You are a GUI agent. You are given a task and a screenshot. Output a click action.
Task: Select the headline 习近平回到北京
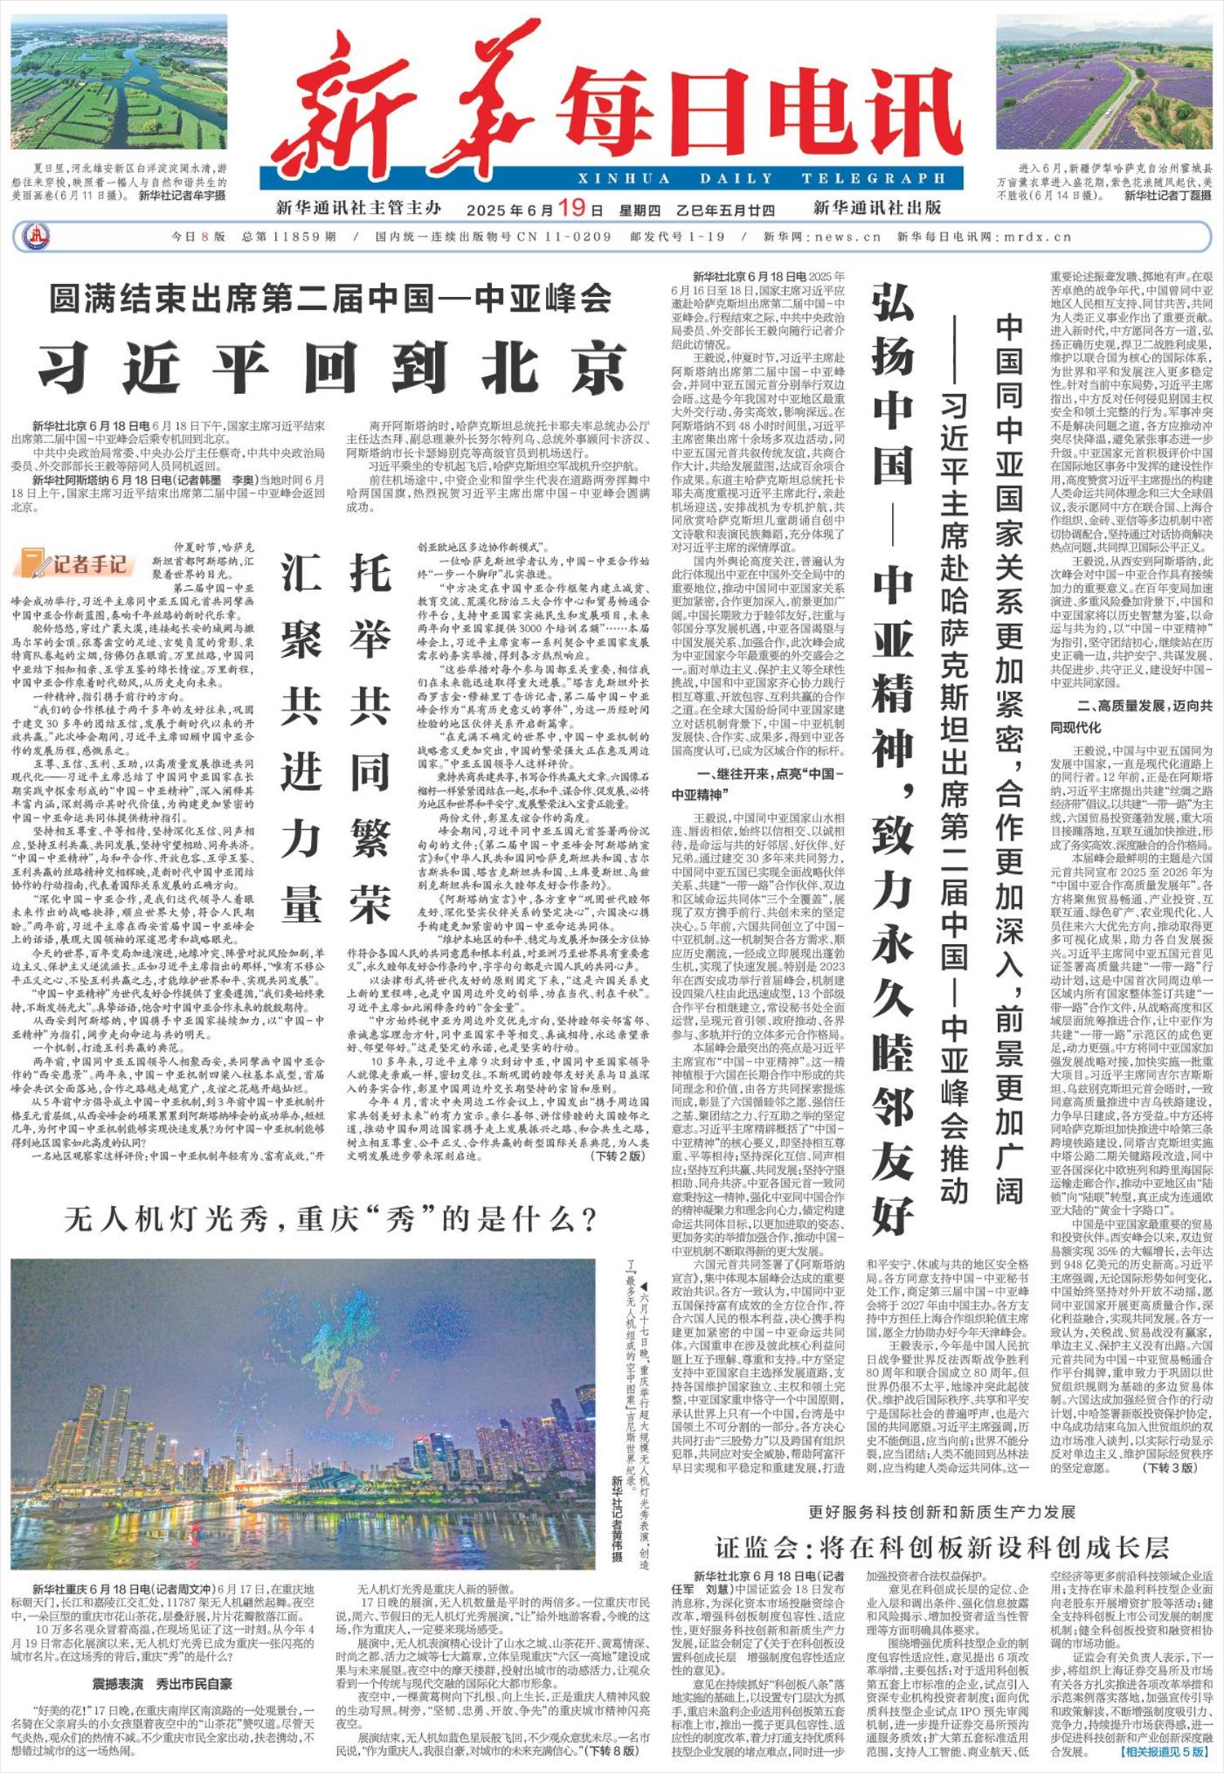tap(331, 367)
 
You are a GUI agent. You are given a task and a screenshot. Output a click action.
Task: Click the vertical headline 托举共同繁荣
tap(370, 734)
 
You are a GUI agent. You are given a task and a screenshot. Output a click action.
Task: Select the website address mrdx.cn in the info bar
tap(1037, 237)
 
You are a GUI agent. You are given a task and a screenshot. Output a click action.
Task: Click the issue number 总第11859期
tap(289, 237)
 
